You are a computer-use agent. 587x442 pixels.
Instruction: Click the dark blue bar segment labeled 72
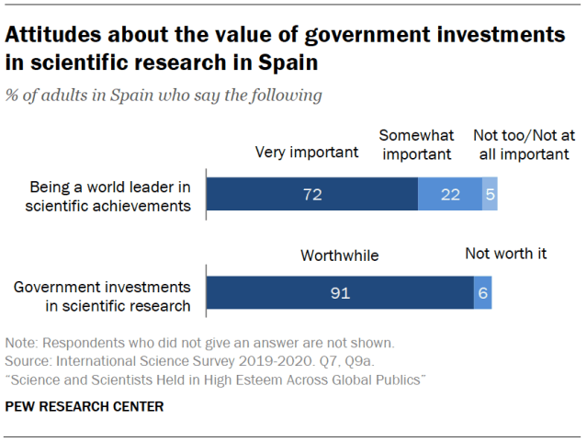pos(311,196)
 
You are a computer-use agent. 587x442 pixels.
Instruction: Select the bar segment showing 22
pos(449,196)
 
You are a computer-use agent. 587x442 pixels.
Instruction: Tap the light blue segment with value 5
pos(490,196)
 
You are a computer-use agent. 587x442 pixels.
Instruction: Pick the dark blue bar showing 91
pos(339,292)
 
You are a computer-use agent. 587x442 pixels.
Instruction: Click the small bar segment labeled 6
pos(482,292)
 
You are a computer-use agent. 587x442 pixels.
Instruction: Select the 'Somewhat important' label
pos(416,144)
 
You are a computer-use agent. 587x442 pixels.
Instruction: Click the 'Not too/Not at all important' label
pos(521,144)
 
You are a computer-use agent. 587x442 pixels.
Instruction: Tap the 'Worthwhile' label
pos(340,255)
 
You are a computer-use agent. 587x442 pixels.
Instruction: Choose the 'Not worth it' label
pos(505,253)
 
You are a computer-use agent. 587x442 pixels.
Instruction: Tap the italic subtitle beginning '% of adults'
pos(164,95)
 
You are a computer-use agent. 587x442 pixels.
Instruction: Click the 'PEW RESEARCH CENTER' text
pos(85,406)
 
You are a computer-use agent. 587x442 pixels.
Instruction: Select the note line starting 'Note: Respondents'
pos(199,343)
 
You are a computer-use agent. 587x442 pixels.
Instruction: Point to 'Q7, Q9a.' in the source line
pos(319,360)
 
